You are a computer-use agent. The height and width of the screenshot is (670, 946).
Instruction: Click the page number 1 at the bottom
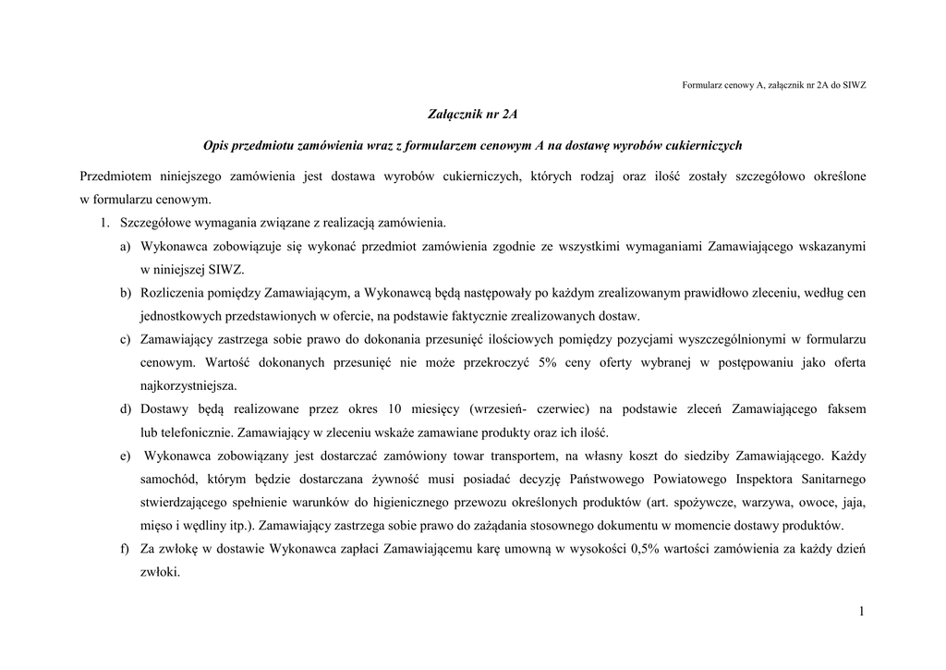click(861, 612)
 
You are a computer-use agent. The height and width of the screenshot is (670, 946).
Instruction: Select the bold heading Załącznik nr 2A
click(473, 115)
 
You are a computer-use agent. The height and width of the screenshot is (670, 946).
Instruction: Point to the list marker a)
click(125, 247)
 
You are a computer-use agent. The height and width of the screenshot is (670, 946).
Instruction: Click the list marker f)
click(125, 549)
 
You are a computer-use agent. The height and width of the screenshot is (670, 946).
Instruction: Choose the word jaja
click(854, 502)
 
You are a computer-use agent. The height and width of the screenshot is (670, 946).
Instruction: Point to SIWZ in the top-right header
click(854, 85)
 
